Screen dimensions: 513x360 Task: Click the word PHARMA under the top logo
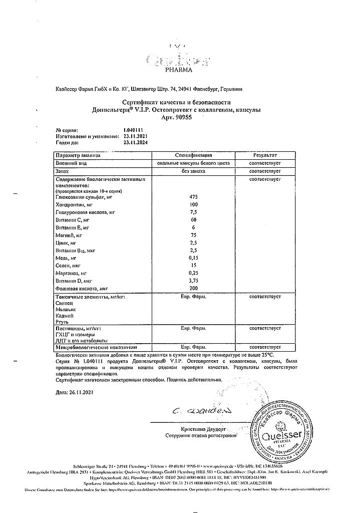179,71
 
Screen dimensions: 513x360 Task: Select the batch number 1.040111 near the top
133,130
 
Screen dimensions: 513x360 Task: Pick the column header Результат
265,156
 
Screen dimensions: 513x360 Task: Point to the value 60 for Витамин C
194,220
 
